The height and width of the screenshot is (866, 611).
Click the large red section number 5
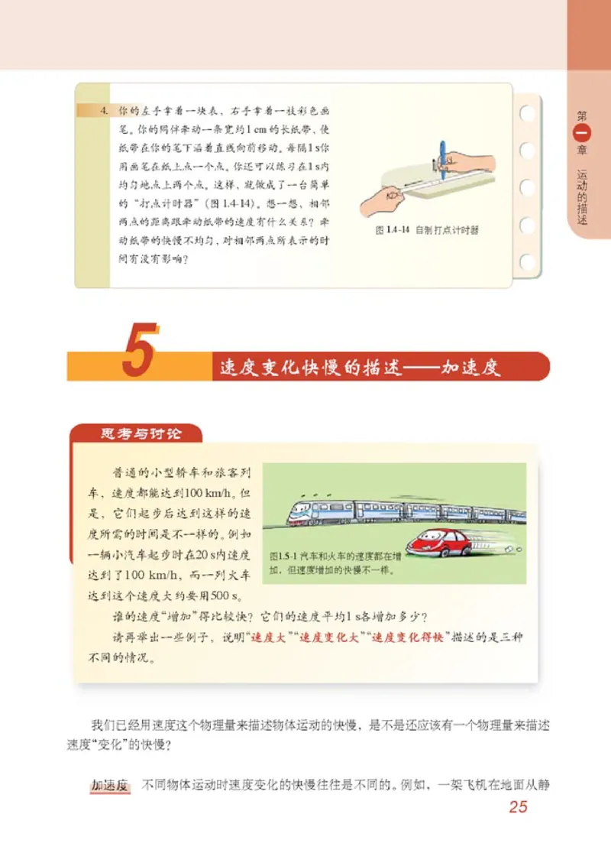click(141, 351)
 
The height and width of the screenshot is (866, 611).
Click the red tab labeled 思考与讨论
click(141, 433)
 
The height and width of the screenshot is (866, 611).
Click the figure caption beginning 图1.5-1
click(336, 563)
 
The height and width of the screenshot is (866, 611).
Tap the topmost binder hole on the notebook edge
click(526, 113)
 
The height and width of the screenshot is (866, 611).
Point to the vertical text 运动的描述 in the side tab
click(583, 195)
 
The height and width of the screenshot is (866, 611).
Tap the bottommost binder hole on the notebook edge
click(526, 262)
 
